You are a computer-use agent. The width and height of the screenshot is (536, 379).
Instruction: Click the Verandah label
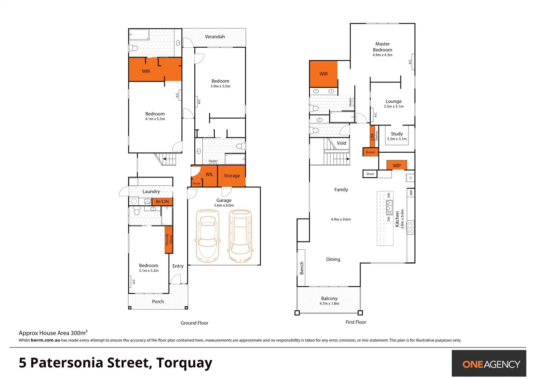coord(215,36)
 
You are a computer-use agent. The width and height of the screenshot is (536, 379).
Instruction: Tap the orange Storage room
coord(232,176)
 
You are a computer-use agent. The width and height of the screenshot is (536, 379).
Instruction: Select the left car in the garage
coord(207,236)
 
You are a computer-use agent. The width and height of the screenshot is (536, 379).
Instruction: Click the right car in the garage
coord(240,236)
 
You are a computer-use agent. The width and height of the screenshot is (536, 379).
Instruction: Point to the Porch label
coord(158,301)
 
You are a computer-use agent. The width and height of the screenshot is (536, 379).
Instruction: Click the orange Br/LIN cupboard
coord(162,201)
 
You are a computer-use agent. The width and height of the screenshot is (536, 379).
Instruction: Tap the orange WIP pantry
coord(396,165)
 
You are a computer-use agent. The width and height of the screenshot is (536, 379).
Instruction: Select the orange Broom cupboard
coord(370,152)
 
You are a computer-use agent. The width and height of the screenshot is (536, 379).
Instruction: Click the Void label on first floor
coord(341,143)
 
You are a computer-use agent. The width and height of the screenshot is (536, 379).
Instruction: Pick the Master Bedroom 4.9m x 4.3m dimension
coord(382,55)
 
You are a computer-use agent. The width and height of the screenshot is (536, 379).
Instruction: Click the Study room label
coord(397,134)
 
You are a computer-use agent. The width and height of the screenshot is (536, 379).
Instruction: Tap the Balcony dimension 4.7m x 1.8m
coord(329,304)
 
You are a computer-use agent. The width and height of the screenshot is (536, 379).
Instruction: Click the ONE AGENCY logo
coord(491,364)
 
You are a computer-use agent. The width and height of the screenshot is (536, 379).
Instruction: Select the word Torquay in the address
coord(184,363)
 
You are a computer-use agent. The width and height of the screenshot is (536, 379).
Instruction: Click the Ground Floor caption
coord(194,323)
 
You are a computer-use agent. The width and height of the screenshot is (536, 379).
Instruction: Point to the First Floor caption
coord(356,322)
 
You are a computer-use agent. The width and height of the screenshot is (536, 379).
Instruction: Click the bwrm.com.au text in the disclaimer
coord(45,340)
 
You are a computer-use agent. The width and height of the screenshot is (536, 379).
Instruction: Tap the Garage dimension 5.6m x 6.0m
coord(224,206)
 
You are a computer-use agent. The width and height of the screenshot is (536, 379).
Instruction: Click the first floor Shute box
coord(370,174)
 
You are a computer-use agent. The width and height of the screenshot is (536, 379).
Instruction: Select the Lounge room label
coord(394,101)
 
